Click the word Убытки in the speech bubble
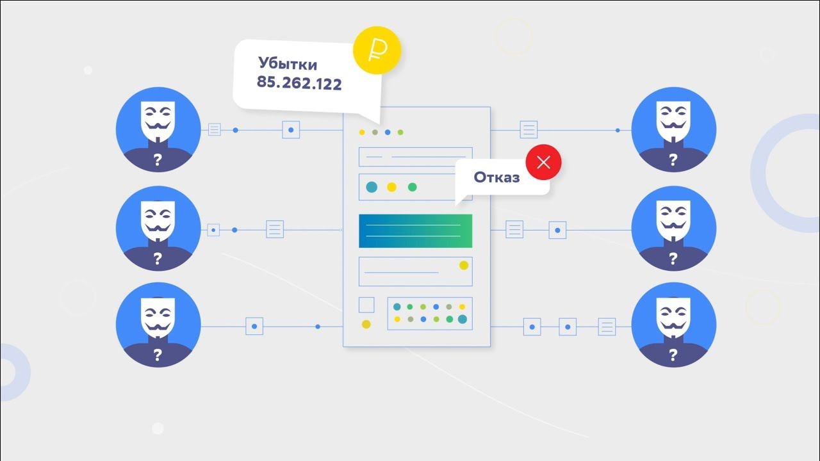(x=288, y=64)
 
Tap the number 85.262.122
(x=299, y=83)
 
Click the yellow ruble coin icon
(x=377, y=49)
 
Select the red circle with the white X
(x=543, y=162)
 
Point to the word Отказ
(x=496, y=178)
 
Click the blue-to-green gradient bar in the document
(x=415, y=231)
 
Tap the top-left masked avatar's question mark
(x=158, y=160)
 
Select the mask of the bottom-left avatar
(x=158, y=318)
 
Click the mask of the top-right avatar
(x=673, y=121)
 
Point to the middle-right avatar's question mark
(x=673, y=259)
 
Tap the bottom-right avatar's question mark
(x=673, y=355)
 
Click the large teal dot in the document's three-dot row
(x=372, y=187)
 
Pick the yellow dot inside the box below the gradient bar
(x=463, y=265)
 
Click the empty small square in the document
(x=366, y=305)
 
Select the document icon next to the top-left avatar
(x=215, y=130)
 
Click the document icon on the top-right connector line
(x=529, y=130)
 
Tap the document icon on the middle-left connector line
(x=275, y=229)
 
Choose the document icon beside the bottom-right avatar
(x=606, y=327)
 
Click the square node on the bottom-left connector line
(x=254, y=327)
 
